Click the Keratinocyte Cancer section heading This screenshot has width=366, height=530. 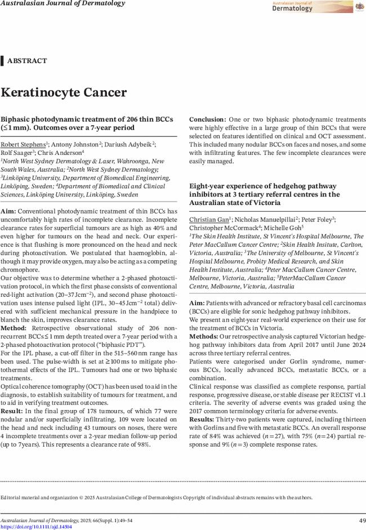tap(64, 92)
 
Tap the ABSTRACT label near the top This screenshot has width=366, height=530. tap(27, 61)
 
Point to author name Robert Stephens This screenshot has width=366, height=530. tap(23, 144)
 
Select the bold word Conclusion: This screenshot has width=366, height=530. tap(207, 120)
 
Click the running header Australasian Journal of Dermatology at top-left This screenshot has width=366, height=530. tap(62, 3)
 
